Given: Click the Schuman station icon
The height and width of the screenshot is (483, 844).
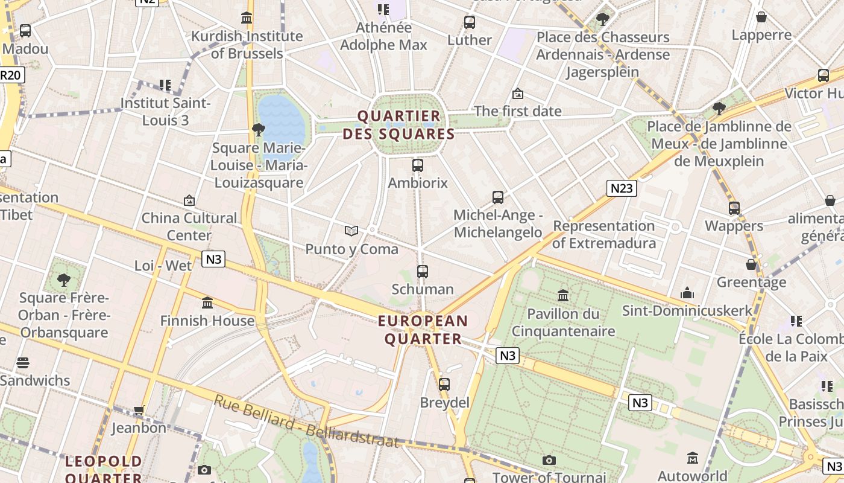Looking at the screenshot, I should [x=422, y=272].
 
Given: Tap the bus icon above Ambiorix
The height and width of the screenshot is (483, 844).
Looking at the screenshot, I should [x=417, y=165].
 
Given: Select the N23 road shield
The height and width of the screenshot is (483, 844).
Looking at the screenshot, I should [x=622, y=188].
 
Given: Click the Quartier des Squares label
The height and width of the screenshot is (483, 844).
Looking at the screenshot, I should [x=398, y=125].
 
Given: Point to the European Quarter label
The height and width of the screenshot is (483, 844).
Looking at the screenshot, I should [x=423, y=330].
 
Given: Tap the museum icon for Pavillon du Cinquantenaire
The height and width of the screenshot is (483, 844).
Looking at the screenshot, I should [x=563, y=295].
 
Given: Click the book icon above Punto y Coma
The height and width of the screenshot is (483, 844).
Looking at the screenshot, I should [x=351, y=231].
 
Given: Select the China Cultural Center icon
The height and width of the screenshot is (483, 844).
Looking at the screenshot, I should [x=189, y=200].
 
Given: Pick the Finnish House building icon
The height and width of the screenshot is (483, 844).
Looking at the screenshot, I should [x=207, y=302].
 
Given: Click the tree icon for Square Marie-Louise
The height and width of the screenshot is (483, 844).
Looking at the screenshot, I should [x=258, y=129].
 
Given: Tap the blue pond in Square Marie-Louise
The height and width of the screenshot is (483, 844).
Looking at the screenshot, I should [x=282, y=119].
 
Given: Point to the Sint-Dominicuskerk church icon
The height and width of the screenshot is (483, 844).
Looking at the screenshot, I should [x=687, y=293].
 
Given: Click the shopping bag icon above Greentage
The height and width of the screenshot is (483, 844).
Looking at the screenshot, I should [x=751, y=264].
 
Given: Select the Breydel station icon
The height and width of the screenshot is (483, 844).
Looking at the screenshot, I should [x=444, y=384].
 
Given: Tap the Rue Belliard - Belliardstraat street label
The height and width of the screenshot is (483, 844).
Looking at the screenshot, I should [x=306, y=421].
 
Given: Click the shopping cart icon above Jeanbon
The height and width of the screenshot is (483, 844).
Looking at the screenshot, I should [x=139, y=411].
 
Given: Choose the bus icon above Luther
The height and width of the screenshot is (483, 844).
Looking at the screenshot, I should [x=470, y=22].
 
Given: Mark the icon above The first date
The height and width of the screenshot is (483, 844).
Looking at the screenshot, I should [x=517, y=94].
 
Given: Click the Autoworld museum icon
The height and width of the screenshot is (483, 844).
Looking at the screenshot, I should [x=692, y=458].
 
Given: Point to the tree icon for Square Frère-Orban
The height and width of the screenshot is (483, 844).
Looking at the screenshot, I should [x=63, y=280].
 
